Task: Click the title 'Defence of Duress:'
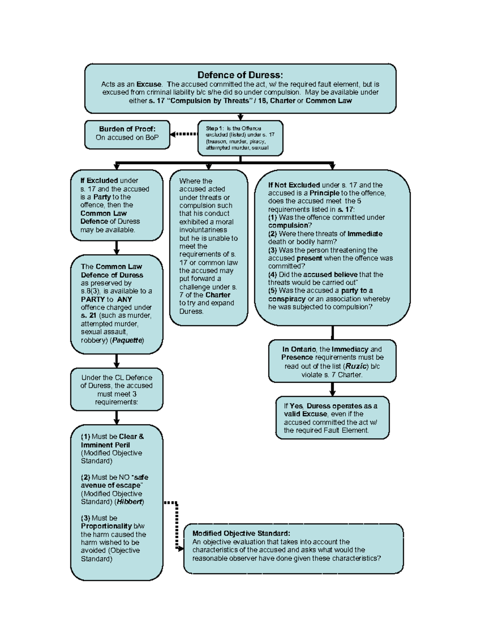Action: pos(240,75)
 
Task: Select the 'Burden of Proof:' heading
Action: pos(127,129)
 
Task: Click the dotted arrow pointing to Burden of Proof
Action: pos(184,134)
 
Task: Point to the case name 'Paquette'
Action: pos(127,340)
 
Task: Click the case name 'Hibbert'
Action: pos(129,501)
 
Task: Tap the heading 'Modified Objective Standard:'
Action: pos(241,533)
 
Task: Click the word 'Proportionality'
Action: pos(106,526)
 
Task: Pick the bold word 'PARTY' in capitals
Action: pos(93,299)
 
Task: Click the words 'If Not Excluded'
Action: pos(294,185)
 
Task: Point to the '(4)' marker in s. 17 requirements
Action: pos(273,274)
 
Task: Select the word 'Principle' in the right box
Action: pos(324,193)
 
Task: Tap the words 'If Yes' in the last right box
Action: pos(293,406)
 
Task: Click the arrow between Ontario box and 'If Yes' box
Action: pos(332,389)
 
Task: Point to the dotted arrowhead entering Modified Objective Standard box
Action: pos(180,548)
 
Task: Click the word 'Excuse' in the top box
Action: pos(149,84)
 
